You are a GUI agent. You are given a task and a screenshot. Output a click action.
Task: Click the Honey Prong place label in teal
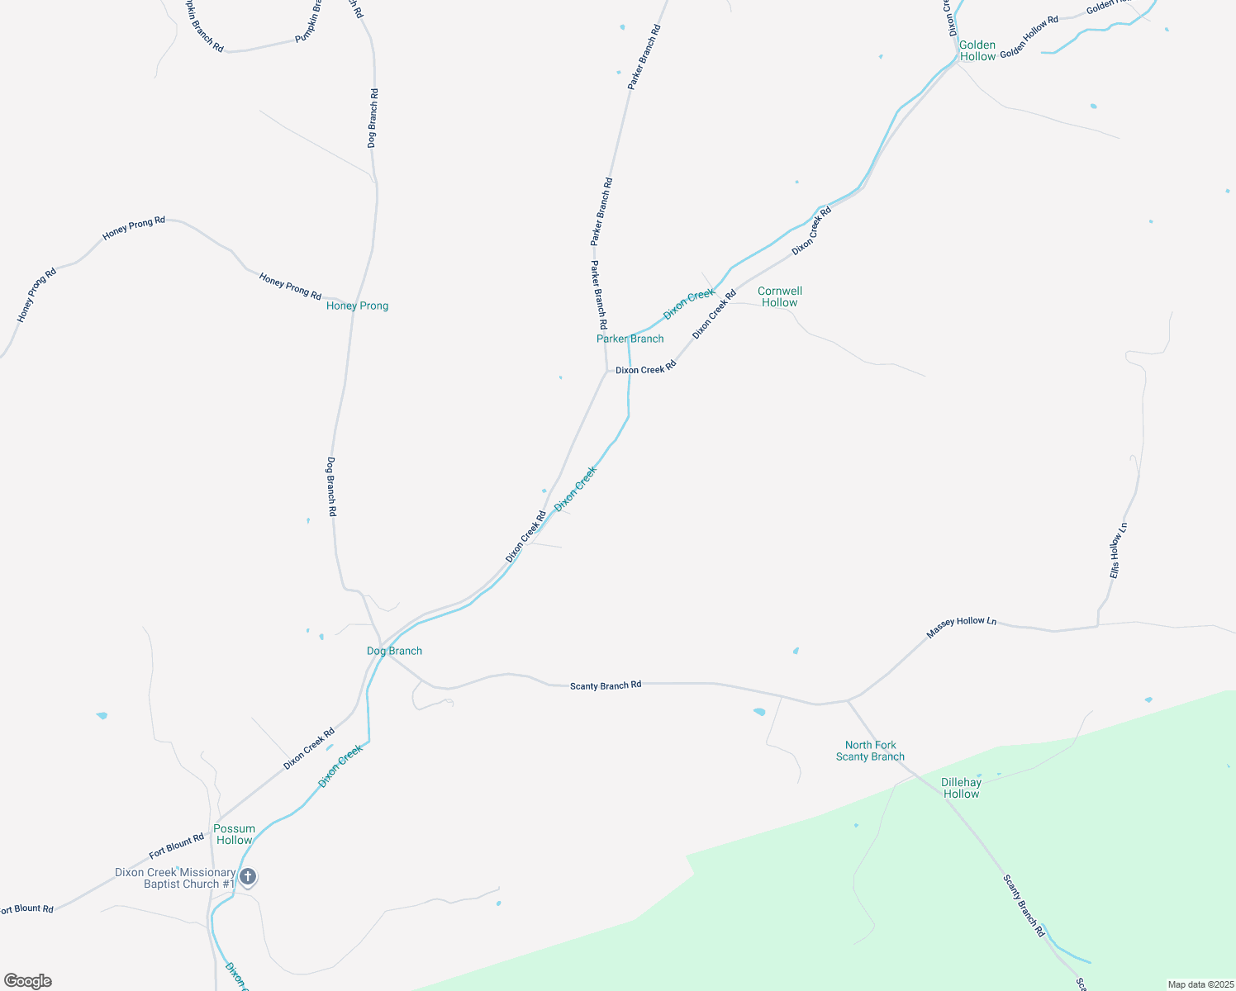(x=357, y=306)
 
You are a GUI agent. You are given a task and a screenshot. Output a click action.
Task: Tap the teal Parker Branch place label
(x=630, y=339)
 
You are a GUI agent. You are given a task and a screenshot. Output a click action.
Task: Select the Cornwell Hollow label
(x=780, y=296)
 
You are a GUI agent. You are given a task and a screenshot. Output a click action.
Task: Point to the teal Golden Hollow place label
(x=977, y=51)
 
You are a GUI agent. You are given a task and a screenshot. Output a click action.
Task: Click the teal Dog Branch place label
(x=394, y=651)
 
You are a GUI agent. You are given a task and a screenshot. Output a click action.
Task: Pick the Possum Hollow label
(x=234, y=834)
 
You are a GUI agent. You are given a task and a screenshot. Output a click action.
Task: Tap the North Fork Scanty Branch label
(x=870, y=751)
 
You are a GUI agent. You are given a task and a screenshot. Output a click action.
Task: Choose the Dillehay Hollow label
(x=961, y=788)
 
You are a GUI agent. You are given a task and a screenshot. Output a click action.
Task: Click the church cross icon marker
(x=248, y=876)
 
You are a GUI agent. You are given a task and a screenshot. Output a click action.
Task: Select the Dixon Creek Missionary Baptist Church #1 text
(x=175, y=878)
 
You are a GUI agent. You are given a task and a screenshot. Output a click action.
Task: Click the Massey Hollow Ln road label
(x=961, y=627)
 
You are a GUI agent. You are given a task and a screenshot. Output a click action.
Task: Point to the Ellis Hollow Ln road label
(x=1118, y=551)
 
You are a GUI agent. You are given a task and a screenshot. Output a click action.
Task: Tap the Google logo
(x=28, y=980)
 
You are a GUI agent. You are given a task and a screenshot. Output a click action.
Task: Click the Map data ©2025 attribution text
(x=1200, y=984)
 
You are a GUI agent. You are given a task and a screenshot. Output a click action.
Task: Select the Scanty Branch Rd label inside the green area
(x=1024, y=906)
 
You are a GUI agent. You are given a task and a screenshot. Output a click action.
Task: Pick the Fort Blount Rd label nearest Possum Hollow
(x=176, y=846)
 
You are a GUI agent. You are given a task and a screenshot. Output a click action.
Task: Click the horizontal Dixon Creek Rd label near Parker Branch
(x=645, y=370)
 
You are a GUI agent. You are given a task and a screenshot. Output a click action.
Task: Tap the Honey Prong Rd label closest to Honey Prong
(x=290, y=286)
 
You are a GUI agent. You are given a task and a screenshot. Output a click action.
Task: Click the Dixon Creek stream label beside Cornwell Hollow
(x=689, y=305)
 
